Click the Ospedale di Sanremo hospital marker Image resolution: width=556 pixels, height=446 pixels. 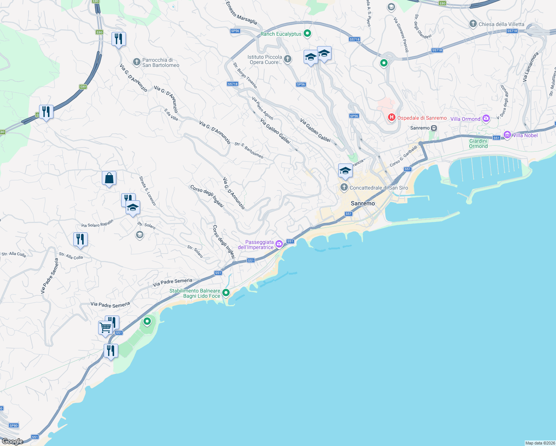click(x=391, y=118)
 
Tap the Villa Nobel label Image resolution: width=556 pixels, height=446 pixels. click(x=525, y=135)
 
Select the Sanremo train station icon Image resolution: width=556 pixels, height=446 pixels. click(x=434, y=128)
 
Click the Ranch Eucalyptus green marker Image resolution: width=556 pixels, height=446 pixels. click(x=307, y=34)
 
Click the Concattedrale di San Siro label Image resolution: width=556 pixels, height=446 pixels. click(x=379, y=188)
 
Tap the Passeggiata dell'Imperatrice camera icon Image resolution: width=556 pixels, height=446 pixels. click(x=279, y=244)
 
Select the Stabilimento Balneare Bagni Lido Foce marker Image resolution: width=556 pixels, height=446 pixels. click(x=226, y=293)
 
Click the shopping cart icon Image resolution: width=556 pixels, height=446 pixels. click(x=105, y=328)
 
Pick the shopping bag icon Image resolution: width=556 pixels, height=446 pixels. click(x=109, y=178)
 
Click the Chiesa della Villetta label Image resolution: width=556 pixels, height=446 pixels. click(x=501, y=24)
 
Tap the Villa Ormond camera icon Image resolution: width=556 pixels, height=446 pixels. click(x=486, y=119)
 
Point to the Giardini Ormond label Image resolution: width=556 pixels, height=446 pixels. click(x=478, y=143)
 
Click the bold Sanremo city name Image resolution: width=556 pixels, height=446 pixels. click(x=363, y=203)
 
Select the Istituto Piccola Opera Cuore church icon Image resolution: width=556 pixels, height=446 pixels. click(x=288, y=59)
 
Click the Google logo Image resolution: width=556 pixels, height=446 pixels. click(x=12, y=442)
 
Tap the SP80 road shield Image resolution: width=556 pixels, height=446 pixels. click(x=14, y=426)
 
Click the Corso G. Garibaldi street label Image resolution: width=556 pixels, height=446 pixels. click(x=404, y=156)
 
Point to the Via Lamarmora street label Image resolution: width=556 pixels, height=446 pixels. click(x=530, y=67)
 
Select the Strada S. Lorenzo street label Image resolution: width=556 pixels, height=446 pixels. click(x=148, y=191)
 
